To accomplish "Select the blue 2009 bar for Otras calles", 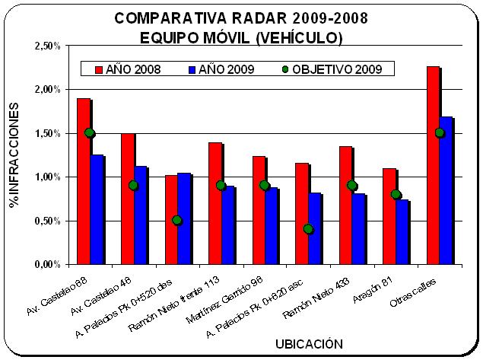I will coord(446,190).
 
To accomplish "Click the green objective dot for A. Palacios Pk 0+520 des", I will coord(176,221).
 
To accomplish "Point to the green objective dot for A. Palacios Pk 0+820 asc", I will coord(308,229).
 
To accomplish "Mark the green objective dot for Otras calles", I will coord(440,133).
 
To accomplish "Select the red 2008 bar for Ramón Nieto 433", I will coord(345,205).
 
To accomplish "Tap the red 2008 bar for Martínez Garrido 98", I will coord(258,210).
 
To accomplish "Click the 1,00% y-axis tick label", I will coord(49,177).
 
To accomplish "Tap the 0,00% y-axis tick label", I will coord(49,265).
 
